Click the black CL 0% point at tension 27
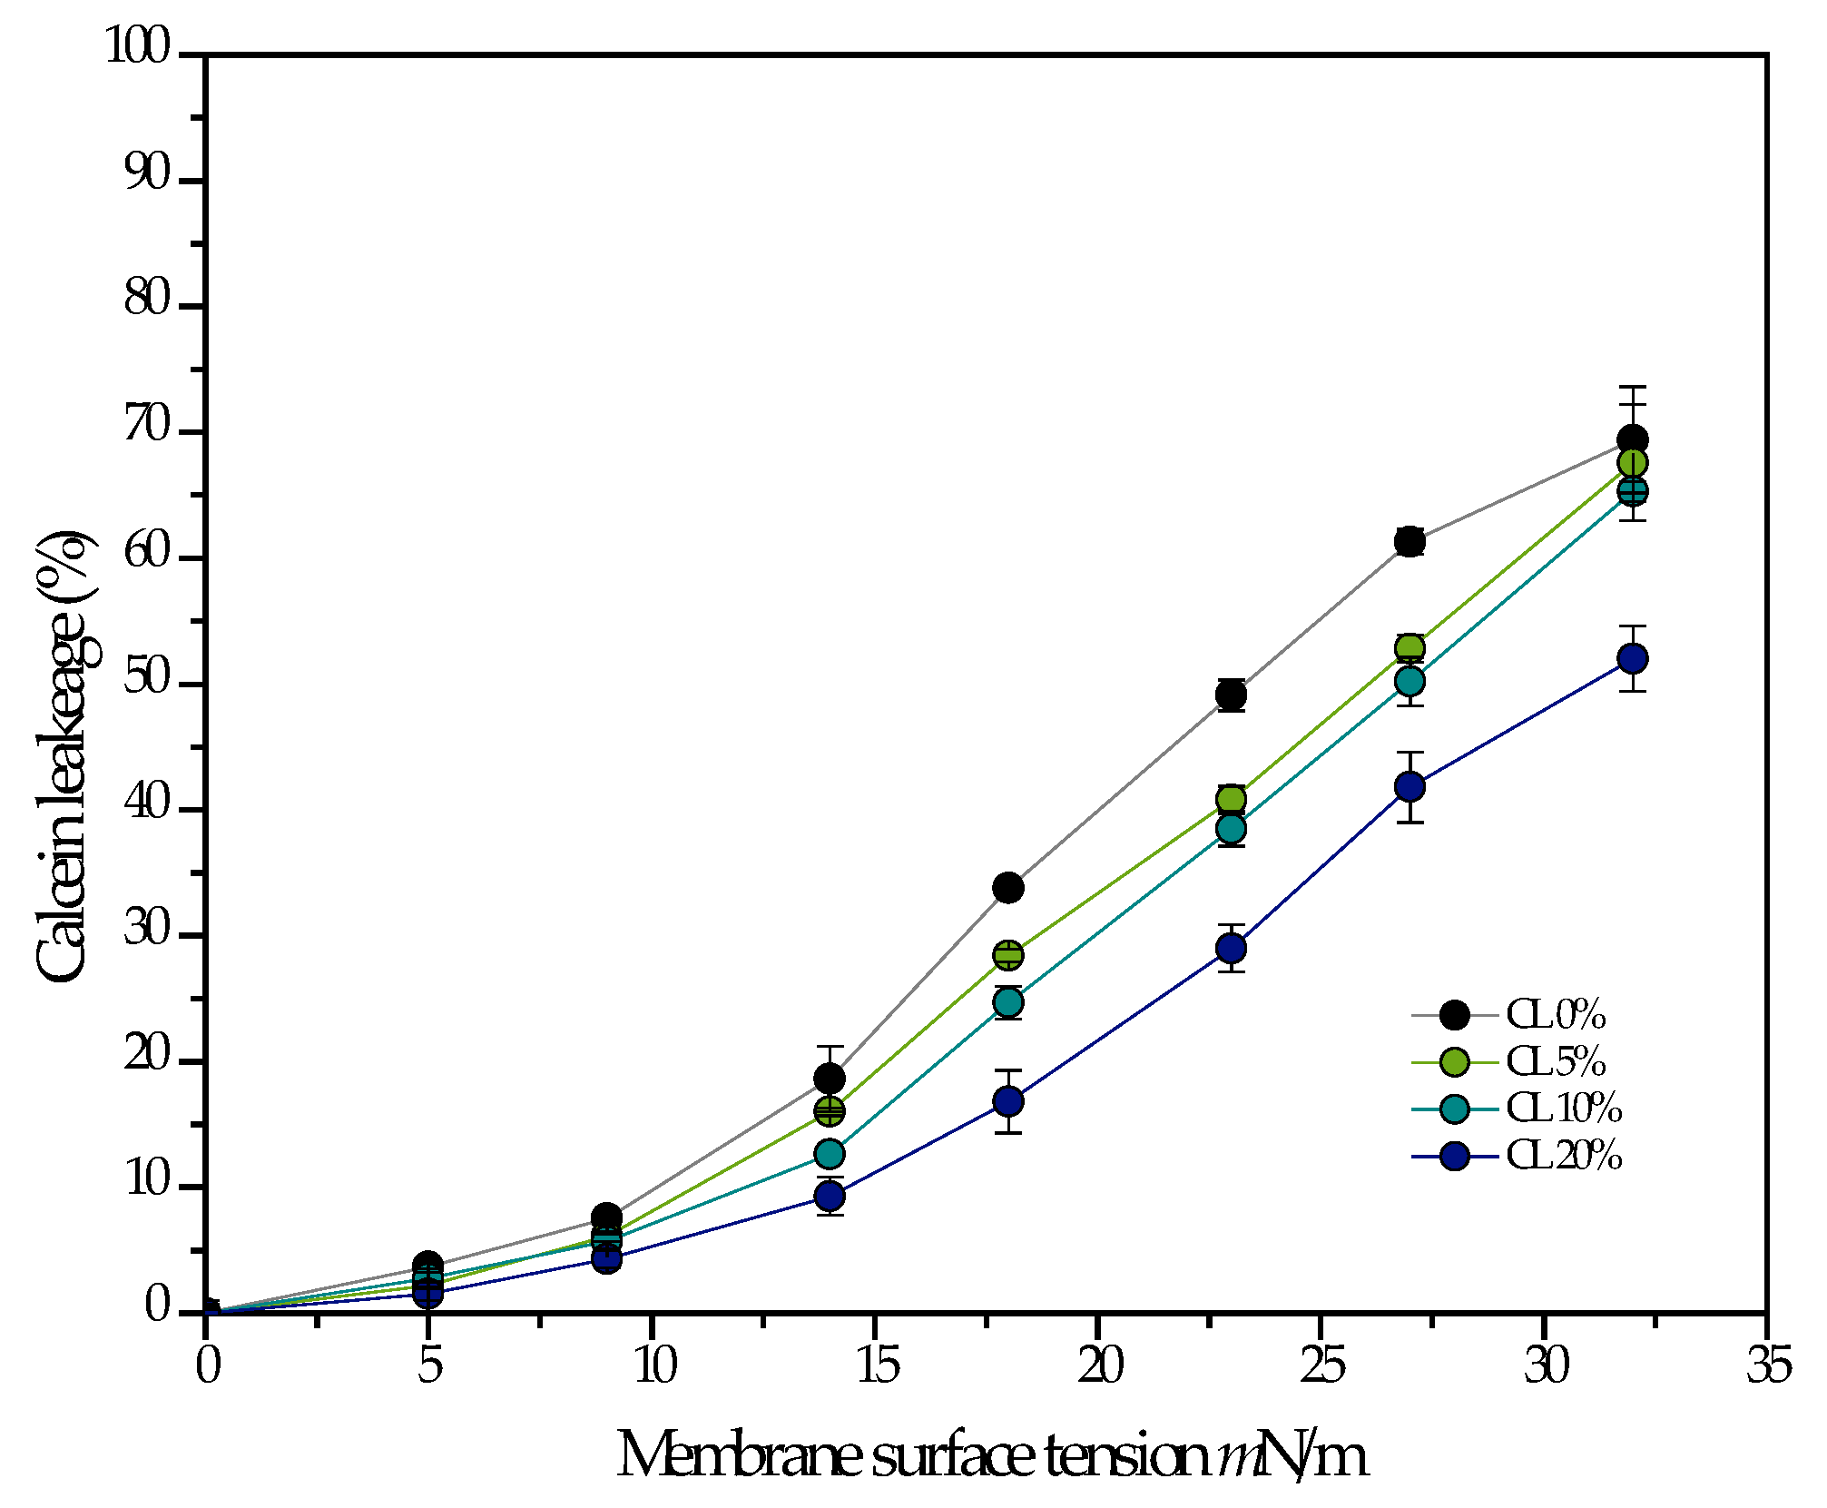[x=1409, y=542]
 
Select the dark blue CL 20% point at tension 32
[x=1632, y=658]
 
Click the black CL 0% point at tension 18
[x=1008, y=887]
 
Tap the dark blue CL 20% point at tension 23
[x=1231, y=949]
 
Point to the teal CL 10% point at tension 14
[x=830, y=1154]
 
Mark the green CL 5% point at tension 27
[x=1409, y=648]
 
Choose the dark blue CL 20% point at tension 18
[x=1008, y=1102]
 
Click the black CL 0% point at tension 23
[x=1231, y=695]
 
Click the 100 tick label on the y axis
[x=138, y=46]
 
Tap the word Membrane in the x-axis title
[x=740, y=1455]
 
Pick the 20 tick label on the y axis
[x=147, y=1056]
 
